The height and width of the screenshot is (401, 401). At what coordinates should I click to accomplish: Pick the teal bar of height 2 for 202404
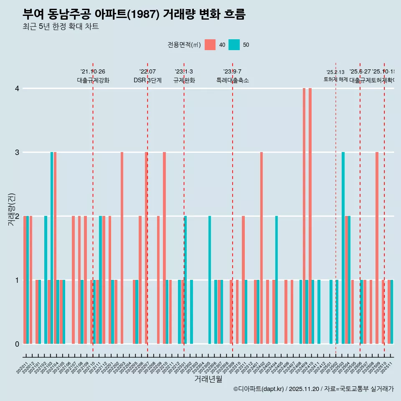tap(277, 280)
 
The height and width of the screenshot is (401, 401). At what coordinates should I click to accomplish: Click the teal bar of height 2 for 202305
tap(210, 280)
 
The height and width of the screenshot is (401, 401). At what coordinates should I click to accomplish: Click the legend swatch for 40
tap(210, 45)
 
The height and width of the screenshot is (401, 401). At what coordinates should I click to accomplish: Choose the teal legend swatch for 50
tap(234, 45)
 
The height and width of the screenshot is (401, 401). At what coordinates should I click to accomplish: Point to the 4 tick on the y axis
tap(17, 89)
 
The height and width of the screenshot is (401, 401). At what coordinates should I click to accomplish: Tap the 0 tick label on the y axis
tap(17, 344)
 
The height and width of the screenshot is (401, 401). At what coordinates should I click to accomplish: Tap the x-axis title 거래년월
tap(208, 379)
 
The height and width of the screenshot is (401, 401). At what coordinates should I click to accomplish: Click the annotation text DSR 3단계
tap(147, 80)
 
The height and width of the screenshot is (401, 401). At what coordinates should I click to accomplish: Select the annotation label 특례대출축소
tap(232, 80)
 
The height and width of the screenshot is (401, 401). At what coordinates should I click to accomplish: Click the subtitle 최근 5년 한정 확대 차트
tap(61, 27)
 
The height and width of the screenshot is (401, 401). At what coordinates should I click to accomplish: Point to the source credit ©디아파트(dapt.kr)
tap(259, 389)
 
